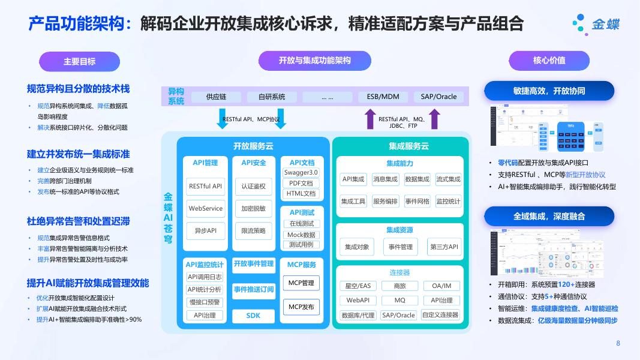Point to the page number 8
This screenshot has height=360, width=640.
[x=618, y=343]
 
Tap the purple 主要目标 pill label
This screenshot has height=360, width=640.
[x=79, y=61]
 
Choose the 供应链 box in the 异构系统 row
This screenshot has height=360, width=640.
[x=216, y=97]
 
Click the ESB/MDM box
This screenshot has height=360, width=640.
[x=383, y=97]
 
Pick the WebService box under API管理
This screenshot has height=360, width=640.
[x=206, y=209]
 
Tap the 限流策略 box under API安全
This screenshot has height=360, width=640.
[x=253, y=230]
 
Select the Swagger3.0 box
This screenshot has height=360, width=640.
[x=301, y=173]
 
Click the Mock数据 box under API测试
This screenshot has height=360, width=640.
[x=301, y=235]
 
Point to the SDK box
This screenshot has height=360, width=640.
[x=253, y=315]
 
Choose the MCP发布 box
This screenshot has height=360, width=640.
[x=301, y=307]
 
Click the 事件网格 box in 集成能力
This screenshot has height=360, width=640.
[x=417, y=202]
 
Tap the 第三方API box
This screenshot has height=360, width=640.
[x=444, y=247]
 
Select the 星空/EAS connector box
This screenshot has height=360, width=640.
[x=358, y=286]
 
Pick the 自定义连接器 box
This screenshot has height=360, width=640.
[x=440, y=314]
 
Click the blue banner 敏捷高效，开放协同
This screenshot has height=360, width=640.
[x=549, y=91]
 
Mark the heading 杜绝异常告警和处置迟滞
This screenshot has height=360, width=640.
[x=79, y=221]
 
